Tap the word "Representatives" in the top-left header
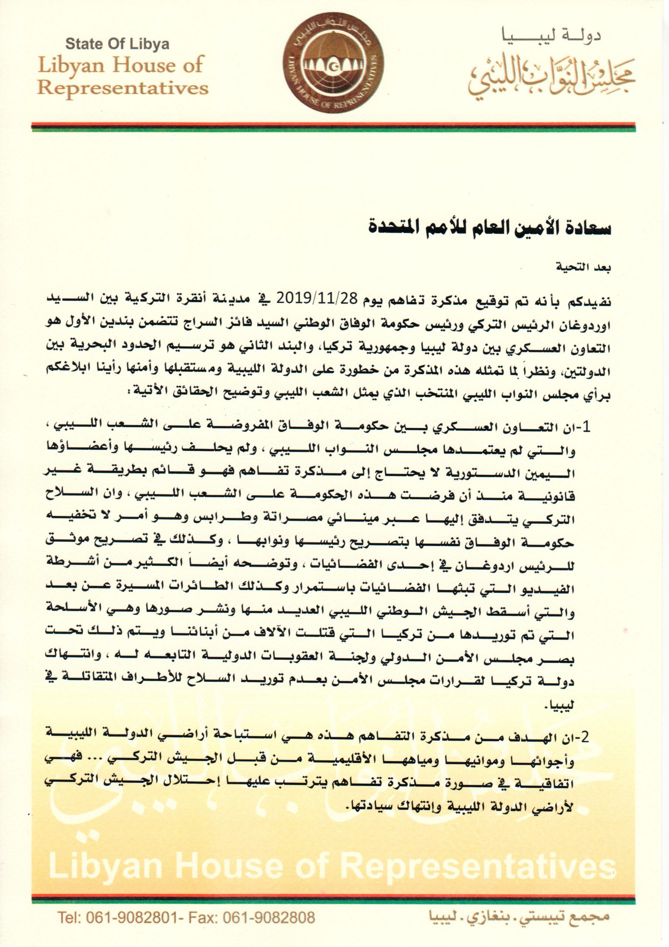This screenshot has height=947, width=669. (x=122, y=88)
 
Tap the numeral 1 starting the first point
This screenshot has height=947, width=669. (x=587, y=428)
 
